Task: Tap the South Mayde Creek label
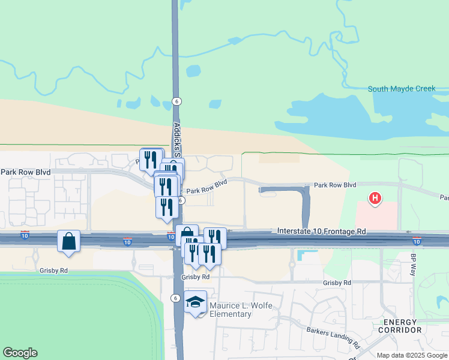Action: tap(401, 89)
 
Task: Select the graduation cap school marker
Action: tap(196, 302)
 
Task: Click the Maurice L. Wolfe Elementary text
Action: tap(231, 310)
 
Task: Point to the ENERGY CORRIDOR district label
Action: tap(401, 326)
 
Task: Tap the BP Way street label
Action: tap(413, 265)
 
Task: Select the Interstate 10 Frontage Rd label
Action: tap(322, 231)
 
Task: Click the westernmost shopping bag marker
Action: tap(69, 242)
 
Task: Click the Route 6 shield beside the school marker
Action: tap(175, 298)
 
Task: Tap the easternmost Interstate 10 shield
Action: tap(417, 241)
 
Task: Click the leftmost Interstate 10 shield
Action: tap(25, 234)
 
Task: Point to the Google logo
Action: tap(20, 353)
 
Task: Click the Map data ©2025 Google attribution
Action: tap(412, 355)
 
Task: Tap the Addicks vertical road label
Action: tap(177, 138)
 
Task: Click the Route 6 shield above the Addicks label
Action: tap(176, 101)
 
